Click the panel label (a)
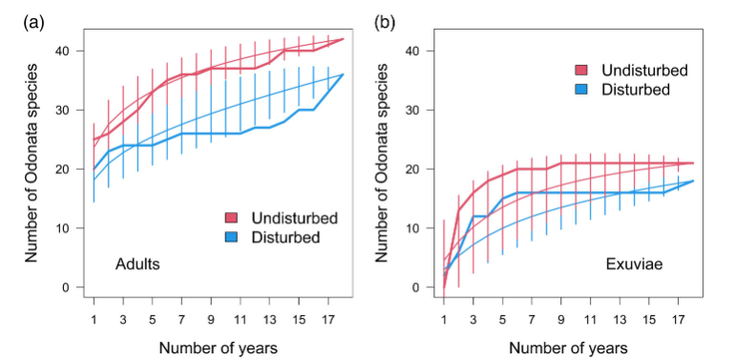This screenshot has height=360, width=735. coord(33,23)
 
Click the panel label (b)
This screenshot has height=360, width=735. coord(385,23)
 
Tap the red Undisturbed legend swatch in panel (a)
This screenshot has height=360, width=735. coord(231,218)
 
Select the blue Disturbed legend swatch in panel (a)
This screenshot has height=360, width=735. coord(231,237)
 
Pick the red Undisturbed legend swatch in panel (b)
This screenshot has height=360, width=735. coord(581,71)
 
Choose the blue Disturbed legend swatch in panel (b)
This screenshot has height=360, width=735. coord(581,89)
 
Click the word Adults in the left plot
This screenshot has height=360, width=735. coord(137,265)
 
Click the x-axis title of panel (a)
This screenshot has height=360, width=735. coord(218,349)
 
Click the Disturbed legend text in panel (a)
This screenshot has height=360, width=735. coord(285,237)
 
